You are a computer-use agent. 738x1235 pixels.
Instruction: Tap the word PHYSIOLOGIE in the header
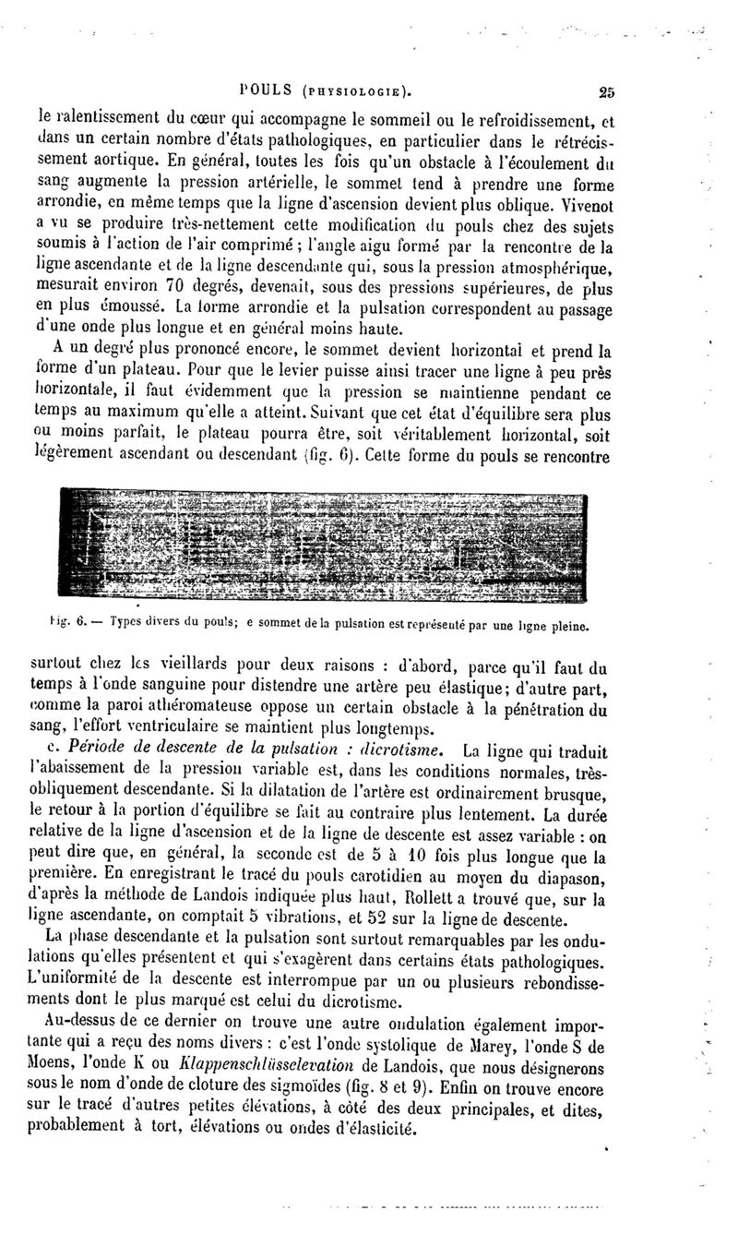point(352,91)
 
